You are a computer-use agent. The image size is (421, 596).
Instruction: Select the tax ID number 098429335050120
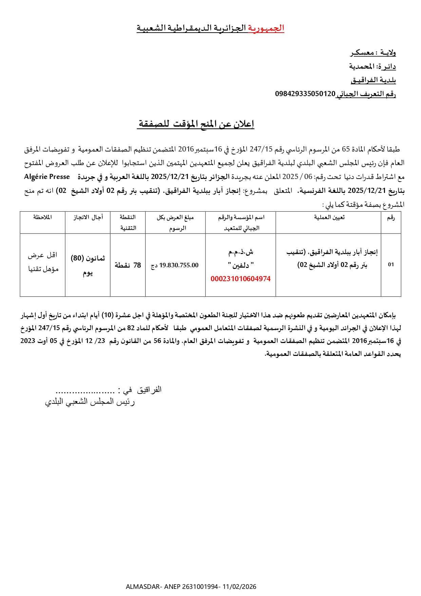click(x=305, y=94)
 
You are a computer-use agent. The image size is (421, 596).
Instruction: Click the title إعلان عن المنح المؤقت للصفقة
click(x=196, y=124)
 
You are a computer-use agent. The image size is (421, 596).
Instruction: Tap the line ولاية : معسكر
click(x=373, y=53)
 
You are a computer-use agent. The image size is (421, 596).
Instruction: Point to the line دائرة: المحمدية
click(x=372, y=66)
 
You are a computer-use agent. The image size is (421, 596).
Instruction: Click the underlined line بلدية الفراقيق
click(x=373, y=80)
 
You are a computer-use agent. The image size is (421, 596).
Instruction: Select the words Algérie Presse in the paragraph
click(x=47, y=177)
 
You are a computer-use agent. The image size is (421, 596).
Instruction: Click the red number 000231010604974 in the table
click(x=241, y=279)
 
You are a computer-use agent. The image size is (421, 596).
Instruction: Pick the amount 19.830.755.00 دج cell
click(x=175, y=265)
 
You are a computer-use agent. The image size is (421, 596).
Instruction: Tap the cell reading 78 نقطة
click(x=128, y=265)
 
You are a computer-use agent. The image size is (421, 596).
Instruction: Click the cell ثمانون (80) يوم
click(x=88, y=265)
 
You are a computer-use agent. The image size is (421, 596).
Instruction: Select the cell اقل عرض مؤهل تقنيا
click(x=43, y=262)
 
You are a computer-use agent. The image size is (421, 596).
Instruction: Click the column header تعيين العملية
click(x=329, y=217)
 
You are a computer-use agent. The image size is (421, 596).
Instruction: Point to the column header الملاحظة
click(x=42, y=217)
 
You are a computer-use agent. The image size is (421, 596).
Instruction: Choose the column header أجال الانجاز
click(x=88, y=217)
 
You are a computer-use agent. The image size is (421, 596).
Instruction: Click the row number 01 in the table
click(x=391, y=265)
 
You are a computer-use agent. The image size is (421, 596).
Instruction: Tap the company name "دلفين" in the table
click(x=241, y=265)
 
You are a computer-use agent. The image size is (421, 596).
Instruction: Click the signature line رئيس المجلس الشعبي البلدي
click(x=90, y=402)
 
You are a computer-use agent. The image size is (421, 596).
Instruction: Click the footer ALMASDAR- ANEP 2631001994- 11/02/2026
click(x=191, y=586)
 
